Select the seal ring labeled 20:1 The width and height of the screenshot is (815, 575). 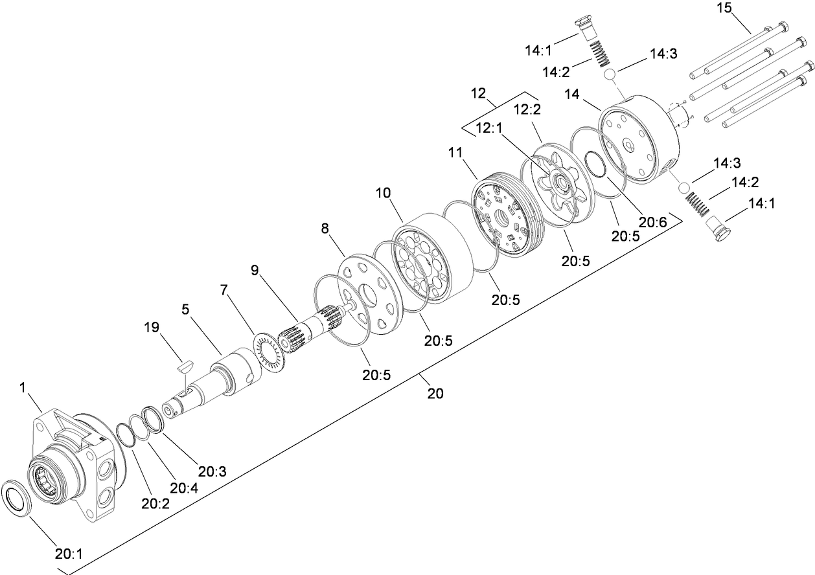point(18,498)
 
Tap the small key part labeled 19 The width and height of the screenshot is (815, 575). point(183,366)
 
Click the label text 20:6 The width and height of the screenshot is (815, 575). point(652,222)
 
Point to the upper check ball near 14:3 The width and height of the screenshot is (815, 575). point(610,75)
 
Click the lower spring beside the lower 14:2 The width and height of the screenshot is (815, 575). point(698,207)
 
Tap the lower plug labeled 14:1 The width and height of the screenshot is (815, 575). point(716,230)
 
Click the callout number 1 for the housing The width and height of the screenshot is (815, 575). point(23,388)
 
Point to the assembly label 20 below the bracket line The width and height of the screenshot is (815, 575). point(435,393)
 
